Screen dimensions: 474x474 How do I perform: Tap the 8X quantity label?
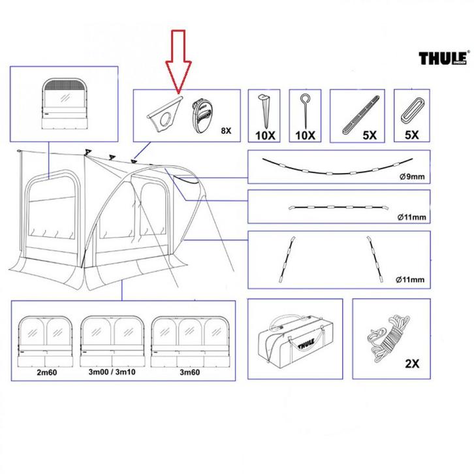click(x=227, y=131)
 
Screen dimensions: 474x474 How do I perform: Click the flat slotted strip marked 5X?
click(x=360, y=114)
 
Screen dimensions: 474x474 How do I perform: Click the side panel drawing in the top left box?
click(x=65, y=105)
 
